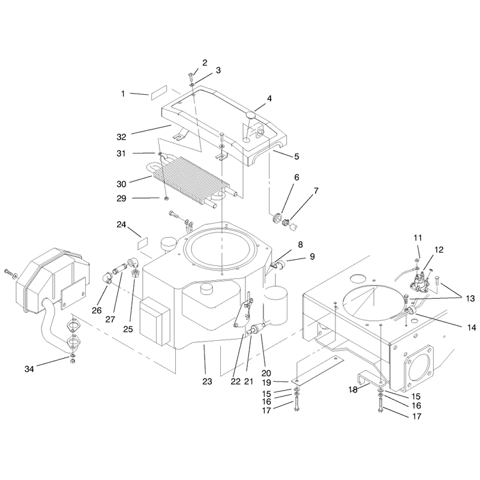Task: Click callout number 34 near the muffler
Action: pyautogui.click(x=29, y=369)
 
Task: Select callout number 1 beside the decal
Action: pyautogui.click(x=123, y=94)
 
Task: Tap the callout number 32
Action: pyautogui.click(x=121, y=137)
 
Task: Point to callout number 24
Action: pyautogui.click(x=121, y=224)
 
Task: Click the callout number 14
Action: pyautogui.click(x=472, y=328)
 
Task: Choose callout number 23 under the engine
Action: pyautogui.click(x=207, y=382)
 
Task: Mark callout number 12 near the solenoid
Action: pyautogui.click(x=439, y=250)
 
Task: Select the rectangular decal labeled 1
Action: pyautogui.click(x=158, y=92)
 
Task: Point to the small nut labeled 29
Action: pyautogui.click(x=167, y=199)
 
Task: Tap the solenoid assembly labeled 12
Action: pyautogui.click(x=422, y=280)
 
